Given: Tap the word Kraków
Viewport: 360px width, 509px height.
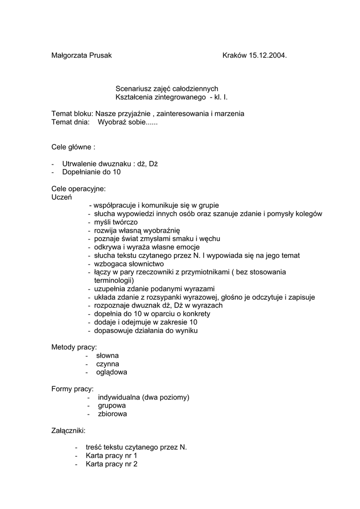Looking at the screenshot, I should (x=235, y=56).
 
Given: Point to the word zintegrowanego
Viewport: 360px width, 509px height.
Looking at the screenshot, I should (x=182, y=97).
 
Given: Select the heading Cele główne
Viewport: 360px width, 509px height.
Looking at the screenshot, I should (x=73, y=147).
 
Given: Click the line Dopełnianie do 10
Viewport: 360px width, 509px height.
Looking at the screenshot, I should (x=91, y=172).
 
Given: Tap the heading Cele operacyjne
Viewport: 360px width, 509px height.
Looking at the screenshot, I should (x=79, y=189).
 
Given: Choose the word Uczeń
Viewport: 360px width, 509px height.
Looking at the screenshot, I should (x=62, y=197).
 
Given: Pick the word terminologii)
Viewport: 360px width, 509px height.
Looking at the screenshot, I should (x=114, y=281).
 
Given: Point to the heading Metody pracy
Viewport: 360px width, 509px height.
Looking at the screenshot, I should (x=74, y=347).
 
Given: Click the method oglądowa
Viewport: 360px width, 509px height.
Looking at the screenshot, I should (x=111, y=372).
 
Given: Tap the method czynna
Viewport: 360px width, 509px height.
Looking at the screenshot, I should (x=108, y=364).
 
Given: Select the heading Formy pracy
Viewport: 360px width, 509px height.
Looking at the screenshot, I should (x=73, y=389).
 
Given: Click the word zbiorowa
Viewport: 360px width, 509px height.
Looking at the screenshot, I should (x=112, y=414).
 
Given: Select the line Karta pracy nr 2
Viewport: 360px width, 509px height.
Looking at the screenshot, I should (x=111, y=464).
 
